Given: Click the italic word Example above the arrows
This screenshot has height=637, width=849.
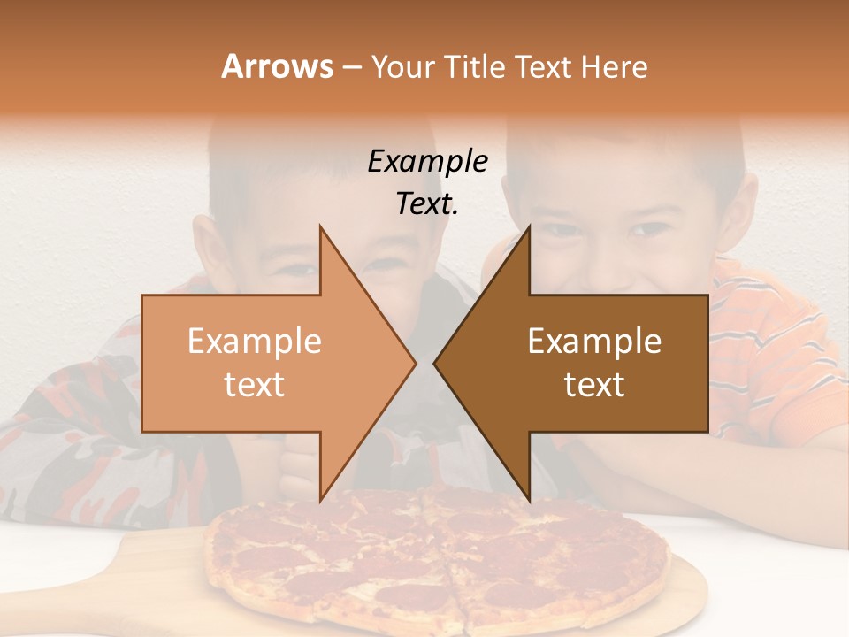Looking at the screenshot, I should click(x=427, y=162).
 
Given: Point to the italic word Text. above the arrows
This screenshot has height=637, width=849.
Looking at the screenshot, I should click(x=427, y=204).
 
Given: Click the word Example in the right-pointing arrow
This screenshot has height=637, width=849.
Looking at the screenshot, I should click(x=255, y=341).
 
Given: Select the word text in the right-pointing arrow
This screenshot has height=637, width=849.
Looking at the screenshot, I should click(x=255, y=385).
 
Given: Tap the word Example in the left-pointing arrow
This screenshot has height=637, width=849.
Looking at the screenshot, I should click(x=594, y=341).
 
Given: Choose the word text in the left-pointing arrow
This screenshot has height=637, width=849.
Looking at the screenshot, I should click(x=594, y=385).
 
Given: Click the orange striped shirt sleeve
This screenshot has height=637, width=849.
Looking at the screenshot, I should click(x=778, y=354).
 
